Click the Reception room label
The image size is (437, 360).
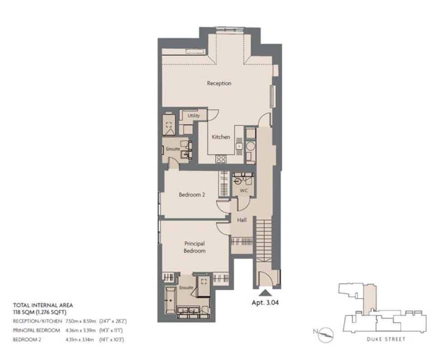(x=219, y=83)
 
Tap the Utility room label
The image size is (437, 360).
(x=194, y=116)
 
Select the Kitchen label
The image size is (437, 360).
(x=221, y=137)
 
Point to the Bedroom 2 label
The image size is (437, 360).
(x=192, y=195)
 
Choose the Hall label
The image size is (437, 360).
(x=242, y=220)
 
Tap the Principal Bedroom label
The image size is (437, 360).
(x=195, y=247)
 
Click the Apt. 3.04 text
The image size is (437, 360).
(x=265, y=303)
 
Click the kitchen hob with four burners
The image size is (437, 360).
(x=221, y=159)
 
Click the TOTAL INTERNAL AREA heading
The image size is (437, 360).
(x=43, y=305)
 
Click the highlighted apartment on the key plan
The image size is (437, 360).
(x=370, y=298)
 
